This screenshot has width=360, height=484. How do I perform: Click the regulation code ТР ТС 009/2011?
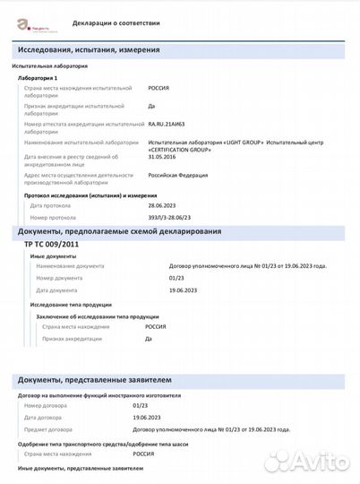point(51,245)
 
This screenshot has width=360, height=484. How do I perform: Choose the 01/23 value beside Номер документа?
point(176,279)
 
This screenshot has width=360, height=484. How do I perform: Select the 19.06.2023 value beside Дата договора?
point(149,418)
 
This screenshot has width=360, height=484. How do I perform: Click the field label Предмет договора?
point(54,428)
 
